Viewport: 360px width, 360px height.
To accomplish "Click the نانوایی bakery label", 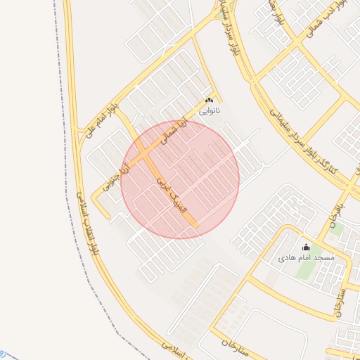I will coord(210,111).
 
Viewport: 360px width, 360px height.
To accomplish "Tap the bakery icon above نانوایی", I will coord(210,101).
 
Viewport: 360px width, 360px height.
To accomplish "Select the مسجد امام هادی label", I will coord(305,258).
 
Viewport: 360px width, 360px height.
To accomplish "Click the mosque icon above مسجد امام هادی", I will coord(305,247).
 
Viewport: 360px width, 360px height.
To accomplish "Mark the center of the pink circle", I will coord(180,179).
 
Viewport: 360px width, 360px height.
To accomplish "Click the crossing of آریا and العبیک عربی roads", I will coord(145,150).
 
